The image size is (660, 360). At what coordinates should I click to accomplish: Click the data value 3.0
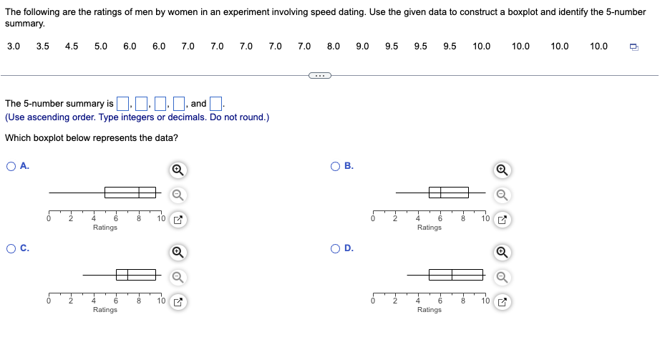click(x=14, y=47)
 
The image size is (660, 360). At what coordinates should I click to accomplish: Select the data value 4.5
click(x=72, y=47)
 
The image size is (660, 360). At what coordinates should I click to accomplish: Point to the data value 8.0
click(x=334, y=47)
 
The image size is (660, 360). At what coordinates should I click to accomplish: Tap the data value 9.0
click(x=362, y=47)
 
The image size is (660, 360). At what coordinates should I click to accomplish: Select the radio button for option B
click(x=336, y=166)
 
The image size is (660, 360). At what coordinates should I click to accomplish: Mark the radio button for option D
click(x=336, y=248)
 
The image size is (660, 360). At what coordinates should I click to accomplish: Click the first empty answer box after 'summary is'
click(x=122, y=104)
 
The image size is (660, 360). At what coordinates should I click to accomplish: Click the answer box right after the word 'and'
click(x=216, y=104)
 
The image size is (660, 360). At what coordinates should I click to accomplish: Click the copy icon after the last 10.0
click(x=634, y=47)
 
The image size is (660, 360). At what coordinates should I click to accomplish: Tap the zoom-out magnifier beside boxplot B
click(x=503, y=193)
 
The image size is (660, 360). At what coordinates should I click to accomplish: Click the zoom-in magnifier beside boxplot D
click(x=503, y=252)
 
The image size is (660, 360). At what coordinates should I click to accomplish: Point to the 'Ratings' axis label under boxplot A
click(x=105, y=228)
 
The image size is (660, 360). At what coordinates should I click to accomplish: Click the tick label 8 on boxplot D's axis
click(x=463, y=301)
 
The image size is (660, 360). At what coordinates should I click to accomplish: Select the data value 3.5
click(x=43, y=47)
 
